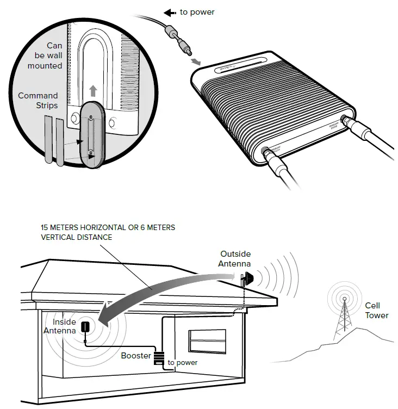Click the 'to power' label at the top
click(197, 12)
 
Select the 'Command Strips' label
click(38, 101)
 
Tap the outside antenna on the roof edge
click(245, 279)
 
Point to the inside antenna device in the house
click(85, 327)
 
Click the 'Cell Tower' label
click(376, 311)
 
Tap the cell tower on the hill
click(343, 315)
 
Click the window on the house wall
click(207, 341)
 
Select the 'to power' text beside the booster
click(182, 362)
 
